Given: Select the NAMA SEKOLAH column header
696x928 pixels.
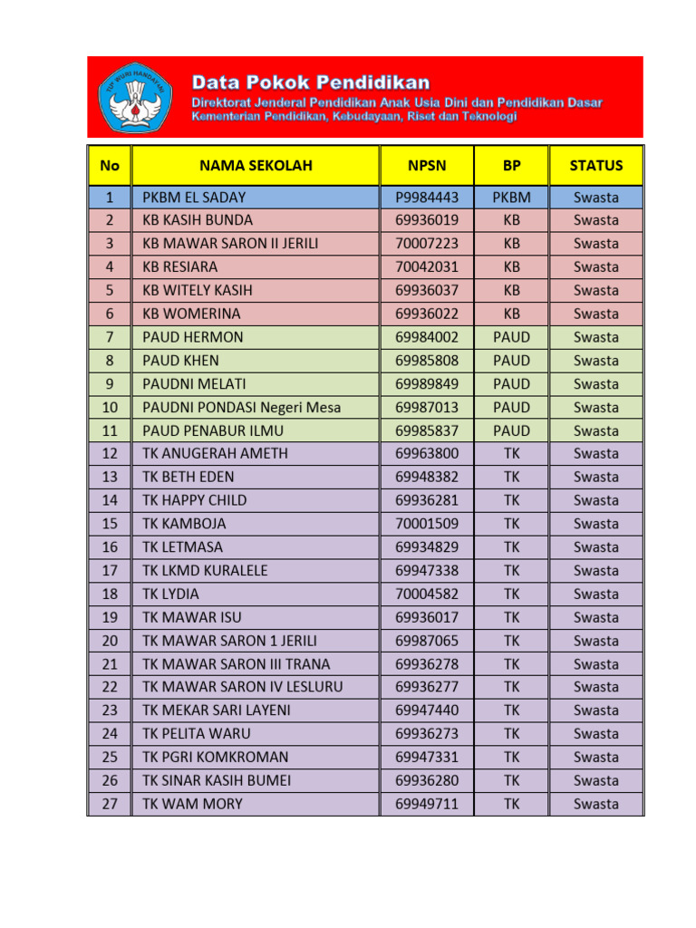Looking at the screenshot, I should pyautogui.click(x=256, y=165).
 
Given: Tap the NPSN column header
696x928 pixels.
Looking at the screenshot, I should pyautogui.click(x=427, y=165).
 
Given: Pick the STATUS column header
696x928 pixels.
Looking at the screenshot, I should pyautogui.click(x=595, y=165).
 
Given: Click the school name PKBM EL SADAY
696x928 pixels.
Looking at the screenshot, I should pyautogui.click(x=194, y=197).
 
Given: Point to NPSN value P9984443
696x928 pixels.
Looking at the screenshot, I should pyautogui.click(x=427, y=197).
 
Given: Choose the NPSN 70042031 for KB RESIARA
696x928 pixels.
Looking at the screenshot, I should pyautogui.click(x=427, y=266).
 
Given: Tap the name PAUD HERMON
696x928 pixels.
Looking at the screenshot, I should pyautogui.click(x=193, y=337).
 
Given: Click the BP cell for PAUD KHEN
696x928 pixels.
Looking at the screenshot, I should pyautogui.click(x=511, y=361).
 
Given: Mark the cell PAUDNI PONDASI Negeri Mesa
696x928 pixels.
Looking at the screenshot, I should pyautogui.click(x=242, y=408).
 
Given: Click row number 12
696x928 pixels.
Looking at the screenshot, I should pyautogui.click(x=110, y=454).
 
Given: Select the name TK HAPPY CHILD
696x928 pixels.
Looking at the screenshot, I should pyautogui.click(x=195, y=500).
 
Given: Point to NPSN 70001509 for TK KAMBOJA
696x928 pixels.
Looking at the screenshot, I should pyautogui.click(x=427, y=524).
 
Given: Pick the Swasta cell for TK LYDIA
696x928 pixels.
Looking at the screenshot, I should pyautogui.click(x=595, y=594).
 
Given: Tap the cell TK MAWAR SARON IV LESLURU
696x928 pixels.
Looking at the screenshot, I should pyautogui.click(x=243, y=687).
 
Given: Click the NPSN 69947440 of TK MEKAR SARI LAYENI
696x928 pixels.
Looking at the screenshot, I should pyautogui.click(x=427, y=710).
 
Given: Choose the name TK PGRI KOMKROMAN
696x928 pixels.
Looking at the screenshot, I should pyautogui.click(x=216, y=757).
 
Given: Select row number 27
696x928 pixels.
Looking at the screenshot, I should pyautogui.click(x=110, y=804).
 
